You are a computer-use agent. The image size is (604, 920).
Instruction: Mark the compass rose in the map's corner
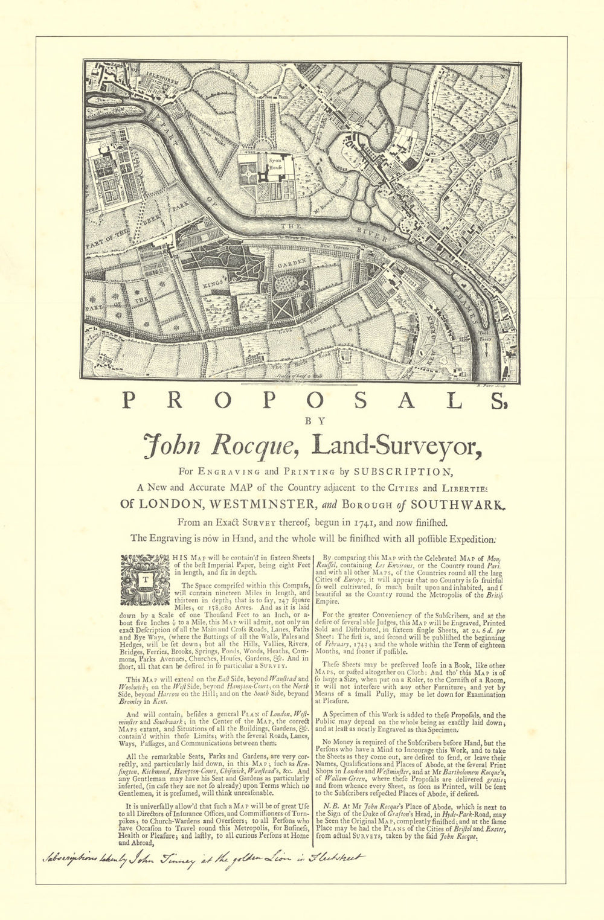501,78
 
